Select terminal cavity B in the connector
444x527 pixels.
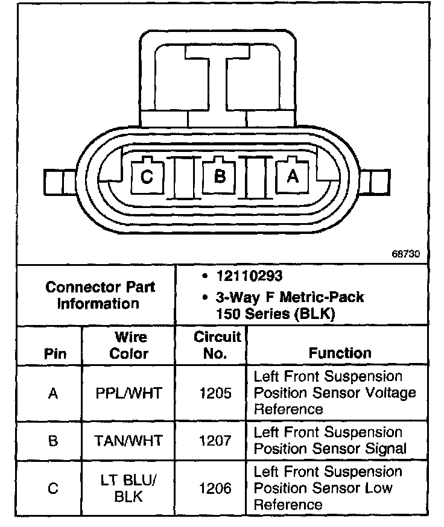point(220,176)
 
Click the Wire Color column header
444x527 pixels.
point(129,345)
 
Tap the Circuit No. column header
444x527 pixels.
point(216,345)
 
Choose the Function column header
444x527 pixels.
point(340,353)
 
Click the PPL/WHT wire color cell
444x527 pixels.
point(129,394)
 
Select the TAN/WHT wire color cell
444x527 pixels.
point(128,441)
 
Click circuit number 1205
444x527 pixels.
point(215,394)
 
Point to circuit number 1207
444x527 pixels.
point(215,441)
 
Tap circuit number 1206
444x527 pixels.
point(215,487)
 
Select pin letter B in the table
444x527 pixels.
point(54,441)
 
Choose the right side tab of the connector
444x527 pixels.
point(378,181)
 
